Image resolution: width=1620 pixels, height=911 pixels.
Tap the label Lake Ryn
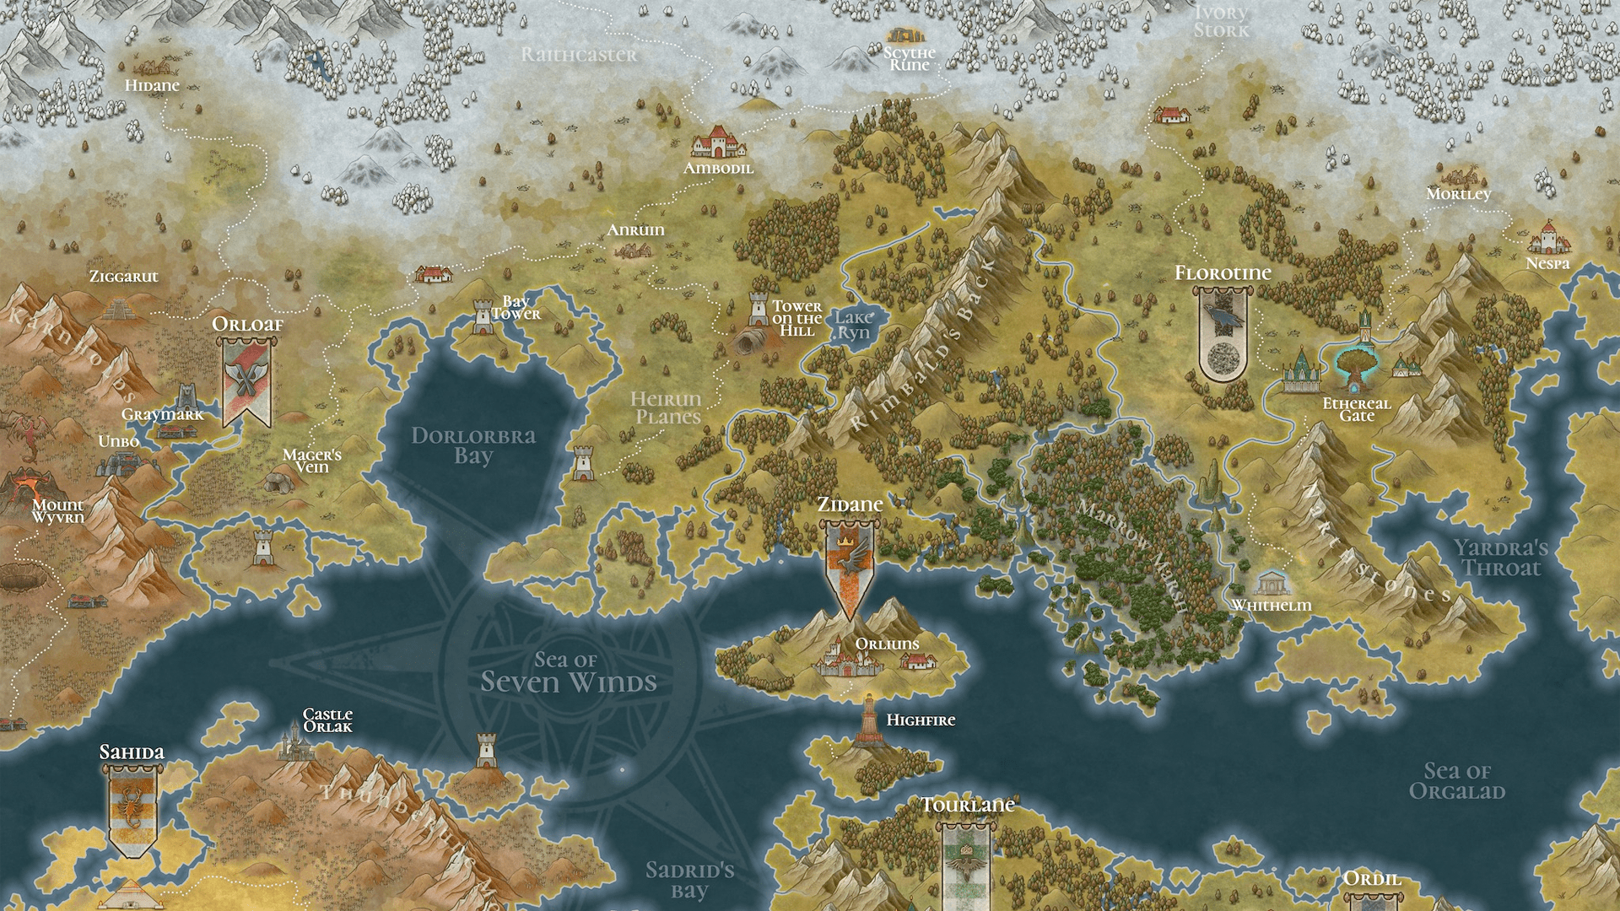click(x=853, y=324)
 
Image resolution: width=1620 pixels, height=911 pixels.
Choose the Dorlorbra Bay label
click(x=473, y=445)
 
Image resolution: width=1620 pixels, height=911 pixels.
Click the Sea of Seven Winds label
click(x=568, y=672)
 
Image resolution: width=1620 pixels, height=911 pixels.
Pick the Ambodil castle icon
click(x=718, y=142)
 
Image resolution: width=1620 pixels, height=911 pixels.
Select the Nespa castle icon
click(x=1548, y=238)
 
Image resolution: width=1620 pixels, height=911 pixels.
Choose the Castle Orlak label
click(x=327, y=720)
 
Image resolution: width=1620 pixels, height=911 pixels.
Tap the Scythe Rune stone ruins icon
click(x=904, y=35)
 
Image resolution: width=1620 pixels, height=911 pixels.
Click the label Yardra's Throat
click(x=1501, y=558)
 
